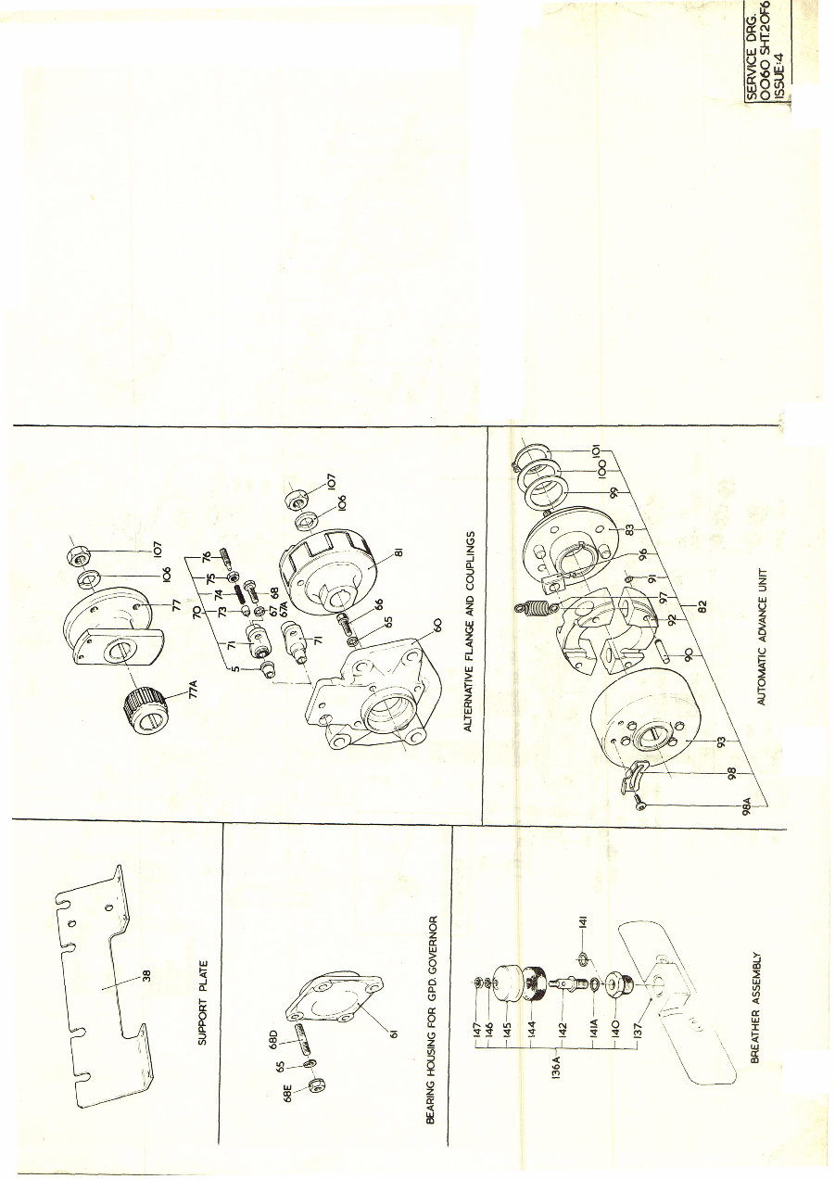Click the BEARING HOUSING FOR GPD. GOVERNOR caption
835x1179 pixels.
pos(430,1016)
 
